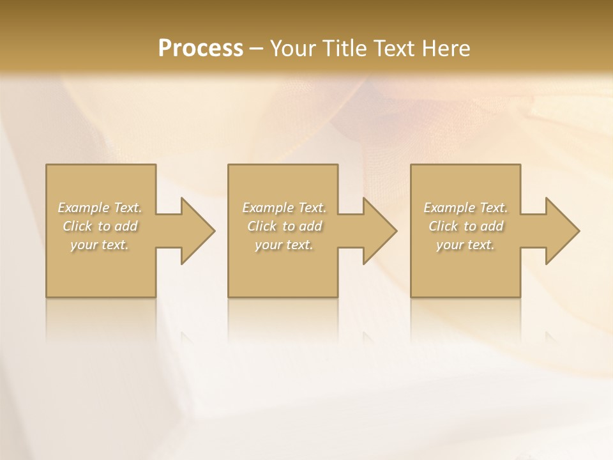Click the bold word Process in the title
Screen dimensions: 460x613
click(201, 49)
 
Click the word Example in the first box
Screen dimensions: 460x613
click(84, 208)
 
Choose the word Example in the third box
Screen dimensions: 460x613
click(450, 208)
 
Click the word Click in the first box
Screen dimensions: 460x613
click(77, 226)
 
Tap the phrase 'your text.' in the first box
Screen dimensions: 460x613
click(100, 245)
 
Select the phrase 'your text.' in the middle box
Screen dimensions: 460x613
click(284, 245)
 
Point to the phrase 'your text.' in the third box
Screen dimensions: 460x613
click(465, 245)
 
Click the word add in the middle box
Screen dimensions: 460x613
click(310, 226)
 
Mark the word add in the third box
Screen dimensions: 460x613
click(492, 226)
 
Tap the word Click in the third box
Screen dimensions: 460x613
click(444, 226)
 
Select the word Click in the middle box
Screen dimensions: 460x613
click(262, 226)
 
